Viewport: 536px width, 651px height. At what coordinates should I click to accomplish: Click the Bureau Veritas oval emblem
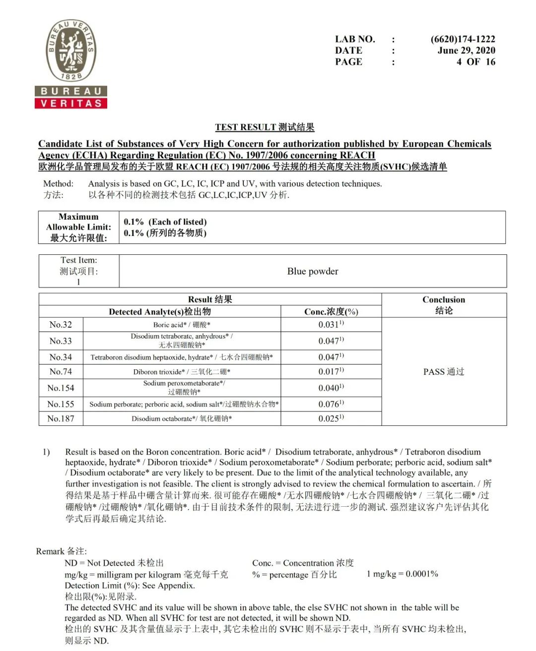point(71,51)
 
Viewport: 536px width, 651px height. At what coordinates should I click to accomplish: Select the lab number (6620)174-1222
point(463,39)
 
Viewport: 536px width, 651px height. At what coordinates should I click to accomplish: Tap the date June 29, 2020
point(466,51)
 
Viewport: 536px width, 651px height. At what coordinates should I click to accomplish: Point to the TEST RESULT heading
point(265,127)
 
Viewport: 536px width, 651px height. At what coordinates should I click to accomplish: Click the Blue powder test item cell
point(313,271)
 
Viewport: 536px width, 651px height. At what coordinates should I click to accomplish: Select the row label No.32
point(61,325)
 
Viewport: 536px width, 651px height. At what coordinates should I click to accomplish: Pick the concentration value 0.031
point(331,325)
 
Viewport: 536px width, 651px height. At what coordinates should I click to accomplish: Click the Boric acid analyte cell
point(182,325)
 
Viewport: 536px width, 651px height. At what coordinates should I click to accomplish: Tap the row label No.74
point(61,371)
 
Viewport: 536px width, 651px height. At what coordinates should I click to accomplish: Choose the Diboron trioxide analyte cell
point(182,372)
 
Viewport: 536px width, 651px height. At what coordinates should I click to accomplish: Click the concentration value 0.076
point(331,404)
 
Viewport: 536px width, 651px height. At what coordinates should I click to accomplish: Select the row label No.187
point(61,418)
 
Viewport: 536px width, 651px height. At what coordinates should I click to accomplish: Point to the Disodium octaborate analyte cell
point(182,418)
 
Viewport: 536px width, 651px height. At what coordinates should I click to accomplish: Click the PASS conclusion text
point(444,372)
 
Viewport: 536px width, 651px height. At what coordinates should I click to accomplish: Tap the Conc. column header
point(331,311)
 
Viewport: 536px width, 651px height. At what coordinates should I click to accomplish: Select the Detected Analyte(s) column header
point(160,311)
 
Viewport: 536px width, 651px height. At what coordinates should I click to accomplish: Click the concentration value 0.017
point(331,371)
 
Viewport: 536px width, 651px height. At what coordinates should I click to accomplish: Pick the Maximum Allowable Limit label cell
point(78,227)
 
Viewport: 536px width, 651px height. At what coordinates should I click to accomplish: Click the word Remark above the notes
point(50,551)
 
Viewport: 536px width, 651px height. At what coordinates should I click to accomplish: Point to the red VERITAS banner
point(71,103)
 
